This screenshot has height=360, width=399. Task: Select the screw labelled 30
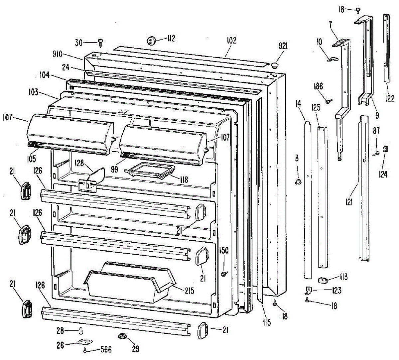(x=101, y=42)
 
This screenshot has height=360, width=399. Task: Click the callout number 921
(x=283, y=46)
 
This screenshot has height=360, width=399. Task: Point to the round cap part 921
(x=275, y=64)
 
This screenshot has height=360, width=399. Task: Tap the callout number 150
(x=224, y=250)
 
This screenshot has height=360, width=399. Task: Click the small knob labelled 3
(x=298, y=181)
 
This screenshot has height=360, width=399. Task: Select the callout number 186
(x=318, y=87)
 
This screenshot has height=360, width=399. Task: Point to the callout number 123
(x=336, y=291)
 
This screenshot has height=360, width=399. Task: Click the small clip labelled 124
(x=386, y=149)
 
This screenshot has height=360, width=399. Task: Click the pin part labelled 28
(x=81, y=331)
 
